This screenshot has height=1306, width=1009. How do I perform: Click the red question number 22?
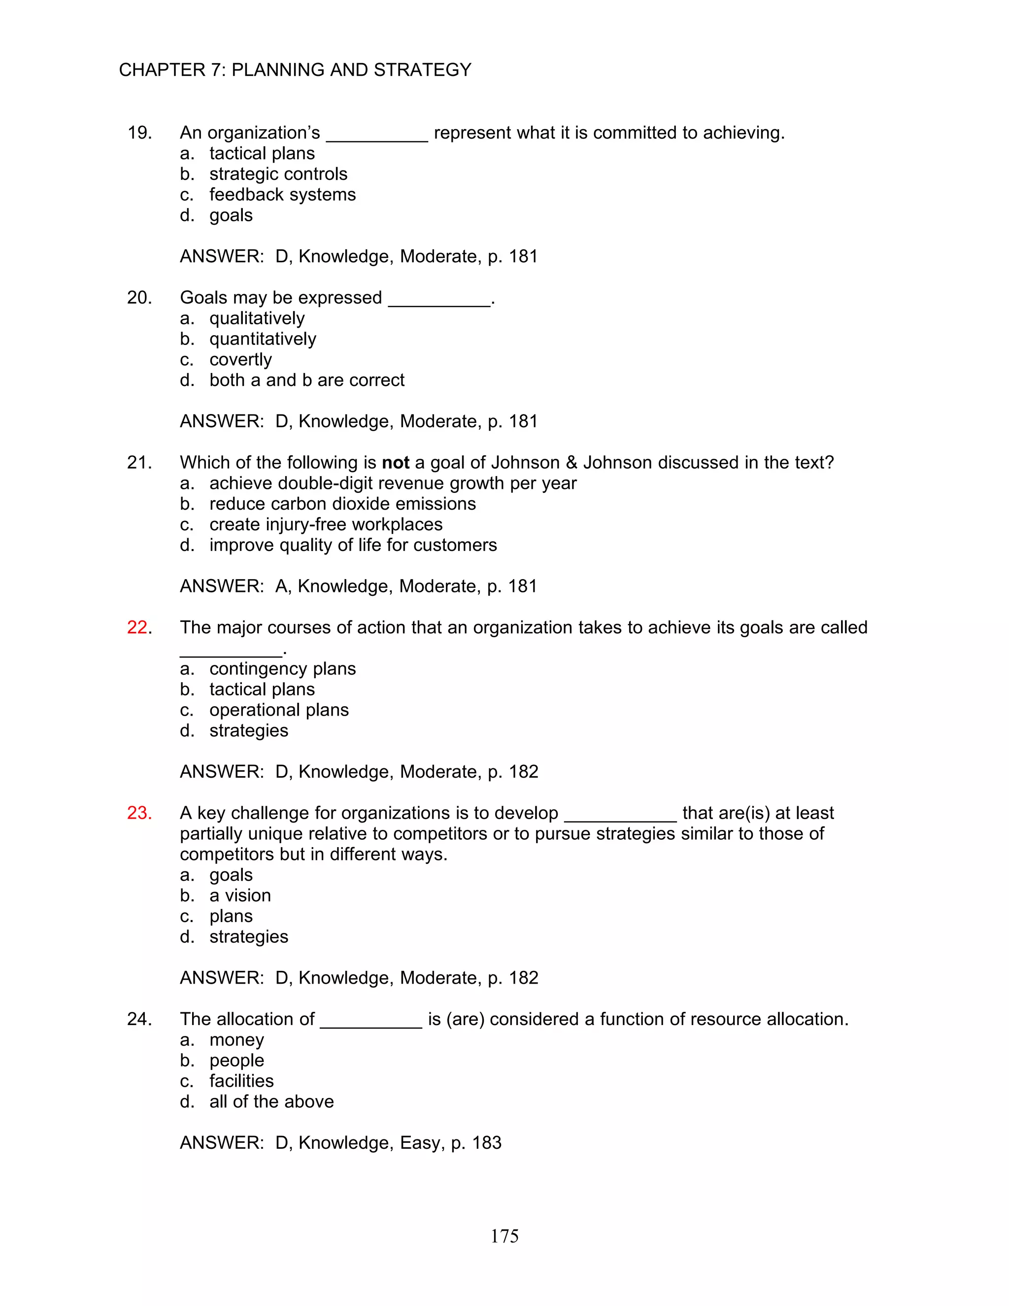coord(137,627)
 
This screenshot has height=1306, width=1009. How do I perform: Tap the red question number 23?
coord(138,813)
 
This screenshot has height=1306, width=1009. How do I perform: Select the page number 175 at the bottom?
coord(504,1236)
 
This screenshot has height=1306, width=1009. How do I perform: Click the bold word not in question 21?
coord(395,462)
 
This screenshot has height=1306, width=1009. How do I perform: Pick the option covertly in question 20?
coord(240,359)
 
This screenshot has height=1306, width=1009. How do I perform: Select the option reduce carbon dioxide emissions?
coord(342,504)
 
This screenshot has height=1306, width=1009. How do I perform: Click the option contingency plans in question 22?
coord(282,669)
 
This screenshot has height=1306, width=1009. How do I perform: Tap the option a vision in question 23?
coord(240,895)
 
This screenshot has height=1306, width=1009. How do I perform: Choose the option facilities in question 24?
coord(241,1081)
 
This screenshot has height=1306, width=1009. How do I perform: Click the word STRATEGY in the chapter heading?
coord(422,70)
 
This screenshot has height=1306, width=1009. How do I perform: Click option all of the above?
coord(271,1101)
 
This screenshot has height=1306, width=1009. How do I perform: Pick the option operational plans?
coord(278,710)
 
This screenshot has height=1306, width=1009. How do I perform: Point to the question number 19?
coord(138,133)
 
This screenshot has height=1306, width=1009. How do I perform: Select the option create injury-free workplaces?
coord(326,524)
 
